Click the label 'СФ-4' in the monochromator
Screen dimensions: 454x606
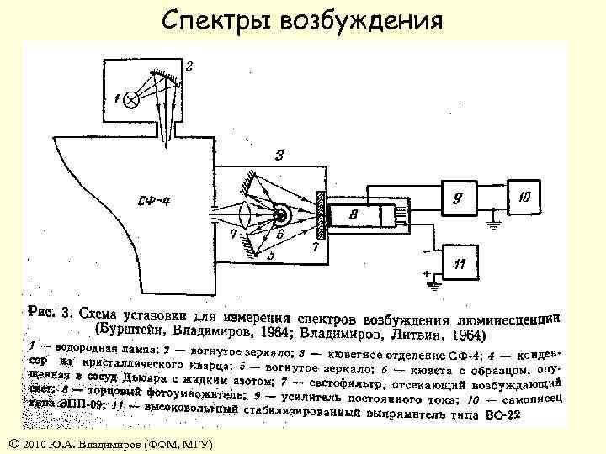(157, 200)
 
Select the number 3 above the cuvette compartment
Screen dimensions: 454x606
(279, 154)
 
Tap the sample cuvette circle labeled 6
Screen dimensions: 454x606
(279, 215)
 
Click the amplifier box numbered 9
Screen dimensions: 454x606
(458, 199)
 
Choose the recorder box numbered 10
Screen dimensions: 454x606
(524, 198)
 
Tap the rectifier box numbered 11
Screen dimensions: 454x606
(460, 263)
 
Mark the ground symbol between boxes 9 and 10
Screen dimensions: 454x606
(496, 224)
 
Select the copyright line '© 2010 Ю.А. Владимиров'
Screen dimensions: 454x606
(109, 443)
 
